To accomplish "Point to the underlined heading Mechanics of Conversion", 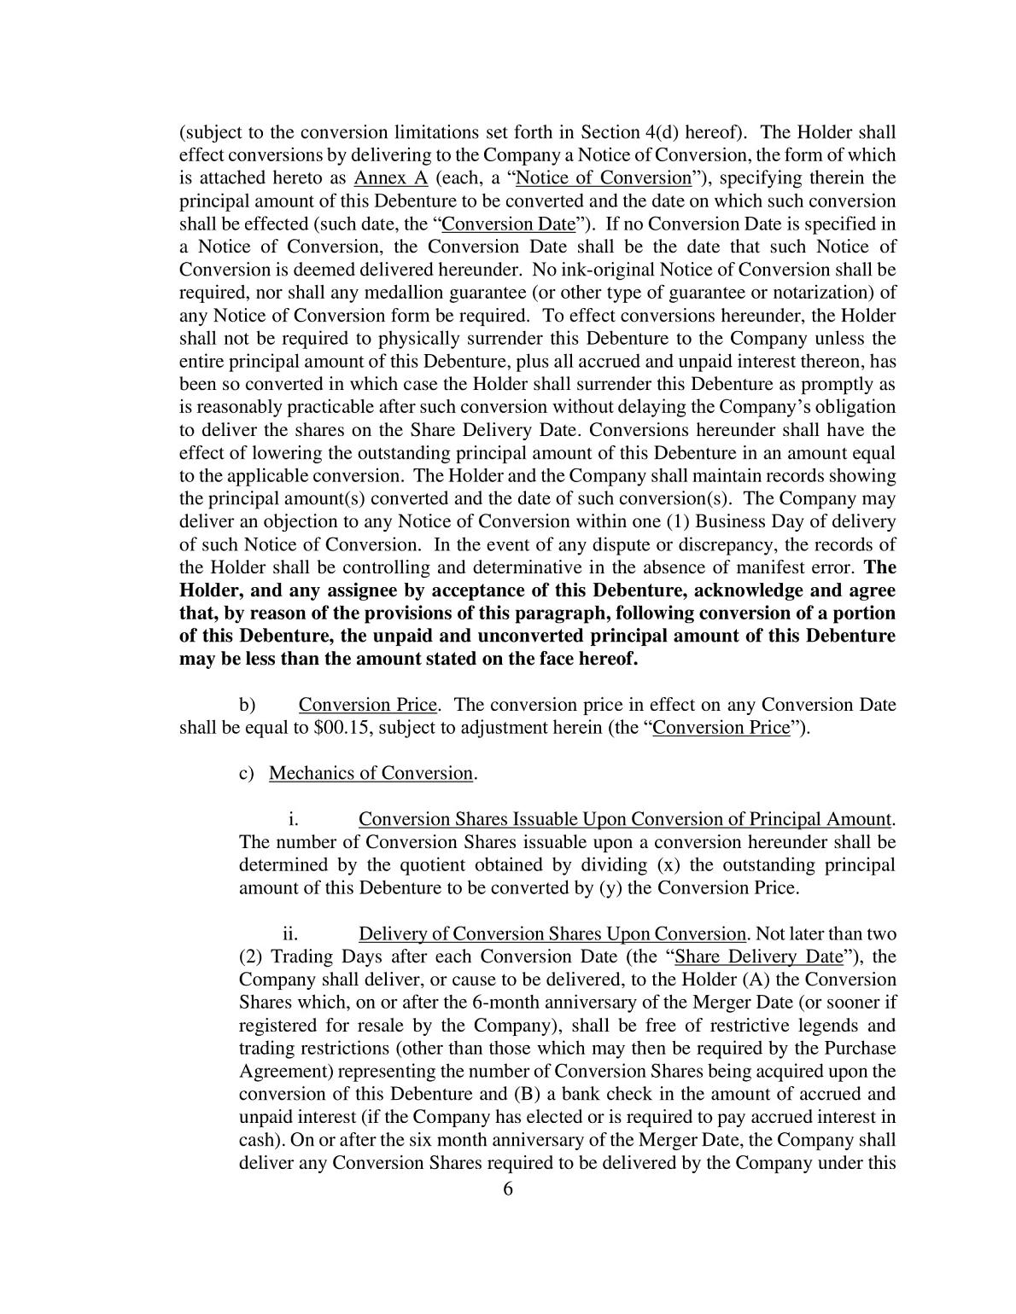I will point(371,774).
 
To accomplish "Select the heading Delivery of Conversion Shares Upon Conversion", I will point(552,934).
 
